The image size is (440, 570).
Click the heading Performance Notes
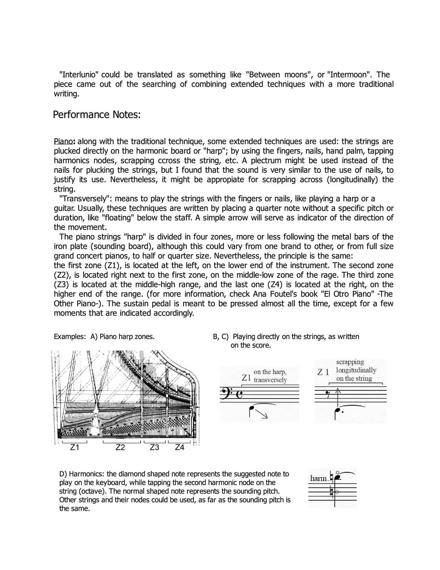point(97,115)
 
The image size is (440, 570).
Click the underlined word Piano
point(64,141)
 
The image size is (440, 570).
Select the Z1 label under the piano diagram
point(75,447)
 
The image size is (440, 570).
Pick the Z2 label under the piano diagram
point(120,447)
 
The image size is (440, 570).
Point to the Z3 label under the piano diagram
point(155,447)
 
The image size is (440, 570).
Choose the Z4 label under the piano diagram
point(180,447)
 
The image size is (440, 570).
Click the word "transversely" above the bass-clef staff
point(270,380)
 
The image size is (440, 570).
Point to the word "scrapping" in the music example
point(350,362)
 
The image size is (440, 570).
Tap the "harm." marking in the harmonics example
point(319,478)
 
